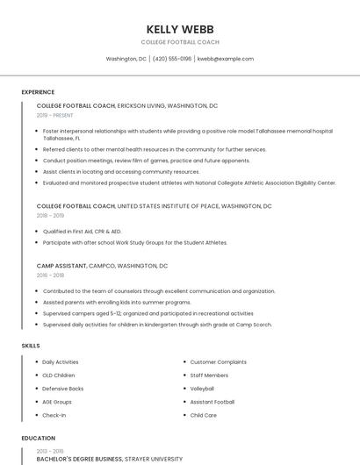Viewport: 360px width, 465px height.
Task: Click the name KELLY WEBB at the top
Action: pyautogui.click(x=180, y=29)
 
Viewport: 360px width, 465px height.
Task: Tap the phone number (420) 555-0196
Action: pyautogui.click(x=172, y=59)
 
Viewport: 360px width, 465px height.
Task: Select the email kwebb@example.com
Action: pyautogui.click(x=226, y=59)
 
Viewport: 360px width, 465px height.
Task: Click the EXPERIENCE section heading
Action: pyautogui.click(x=38, y=92)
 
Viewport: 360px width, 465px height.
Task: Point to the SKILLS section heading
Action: pyautogui.click(x=31, y=346)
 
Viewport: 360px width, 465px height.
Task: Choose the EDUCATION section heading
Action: pyautogui.click(x=38, y=438)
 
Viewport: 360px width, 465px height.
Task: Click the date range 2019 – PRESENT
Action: pyautogui.click(x=55, y=115)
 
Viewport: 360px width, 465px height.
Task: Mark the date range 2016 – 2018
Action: pyautogui.click(x=50, y=275)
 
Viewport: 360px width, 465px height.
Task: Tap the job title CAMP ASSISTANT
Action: pyautogui.click(x=61, y=265)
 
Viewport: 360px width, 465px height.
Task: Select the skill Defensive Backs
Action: pyautogui.click(x=63, y=389)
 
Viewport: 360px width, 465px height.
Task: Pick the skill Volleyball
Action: pyautogui.click(x=202, y=389)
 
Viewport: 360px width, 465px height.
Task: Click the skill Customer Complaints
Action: pyautogui.click(x=219, y=361)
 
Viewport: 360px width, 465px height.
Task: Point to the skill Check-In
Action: pyautogui.click(x=54, y=415)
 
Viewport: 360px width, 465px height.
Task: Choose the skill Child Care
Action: pyautogui.click(x=204, y=415)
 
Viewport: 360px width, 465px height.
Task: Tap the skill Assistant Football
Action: pyautogui.click(x=212, y=402)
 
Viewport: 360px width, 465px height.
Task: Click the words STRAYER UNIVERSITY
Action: pyautogui.click(x=155, y=459)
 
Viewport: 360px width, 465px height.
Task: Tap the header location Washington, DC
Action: pyautogui.click(x=126, y=59)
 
